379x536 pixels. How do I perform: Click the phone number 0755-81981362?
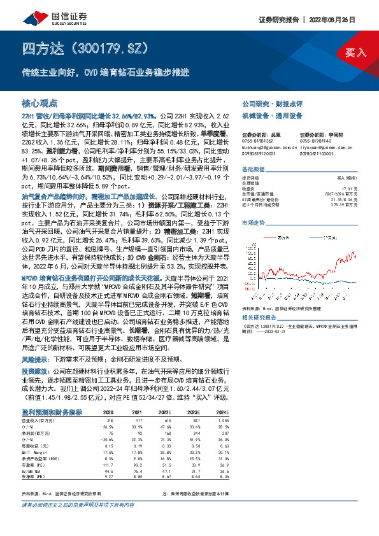click(x=256, y=140)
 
